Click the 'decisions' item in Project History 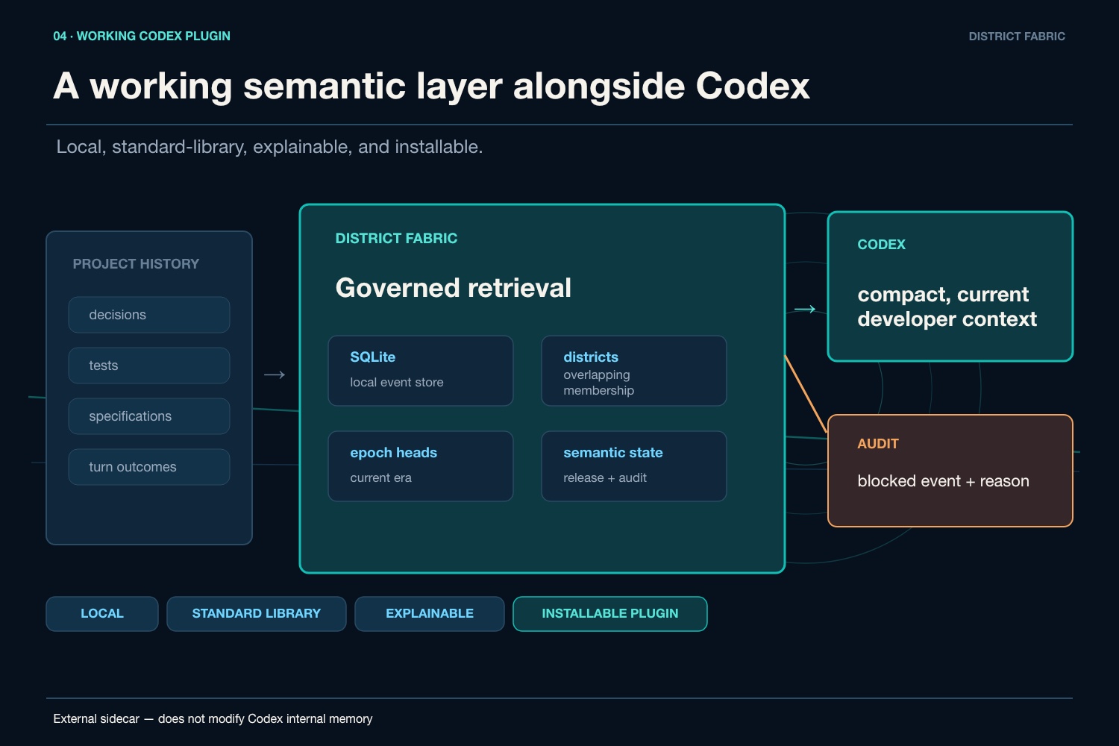pyautogui.click(x=149, y=315)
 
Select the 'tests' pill pyautogui.click(x=149, y=366)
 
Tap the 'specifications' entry pyautogui.click(x=149, y=416)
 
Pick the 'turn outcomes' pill pyautogui.click(x=149, y=467)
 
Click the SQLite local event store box pyautogui.click(x=421, y=371)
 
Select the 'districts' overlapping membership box pyautogui.click(x=634, y=371)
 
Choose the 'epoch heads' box pyautogui.click(x=421, y=466)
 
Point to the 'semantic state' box pyautogui.click(x=634, y=466)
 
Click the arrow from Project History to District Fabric pyautogui.click(x=275, y=374)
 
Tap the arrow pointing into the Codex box pyautogui.click(x=805, y=310)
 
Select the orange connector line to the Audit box pyautogui.click(x=806, y=394)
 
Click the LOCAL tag pyautogui.click(x=102, y=614)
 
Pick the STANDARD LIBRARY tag pyautogui.click(x=257, y=614)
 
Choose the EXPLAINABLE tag pyautogui.click(x=430, y=614)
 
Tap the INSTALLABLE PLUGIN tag pyautogui.click(x=610, y=614)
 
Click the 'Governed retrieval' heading pyautogui.click(x=453, y=288)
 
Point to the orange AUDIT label pyautogui.click(x=878, y=444)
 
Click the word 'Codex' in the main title pyautogui.click(x=752, y=86)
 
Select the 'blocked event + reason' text pyautogui.click(x=943, y=480)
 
